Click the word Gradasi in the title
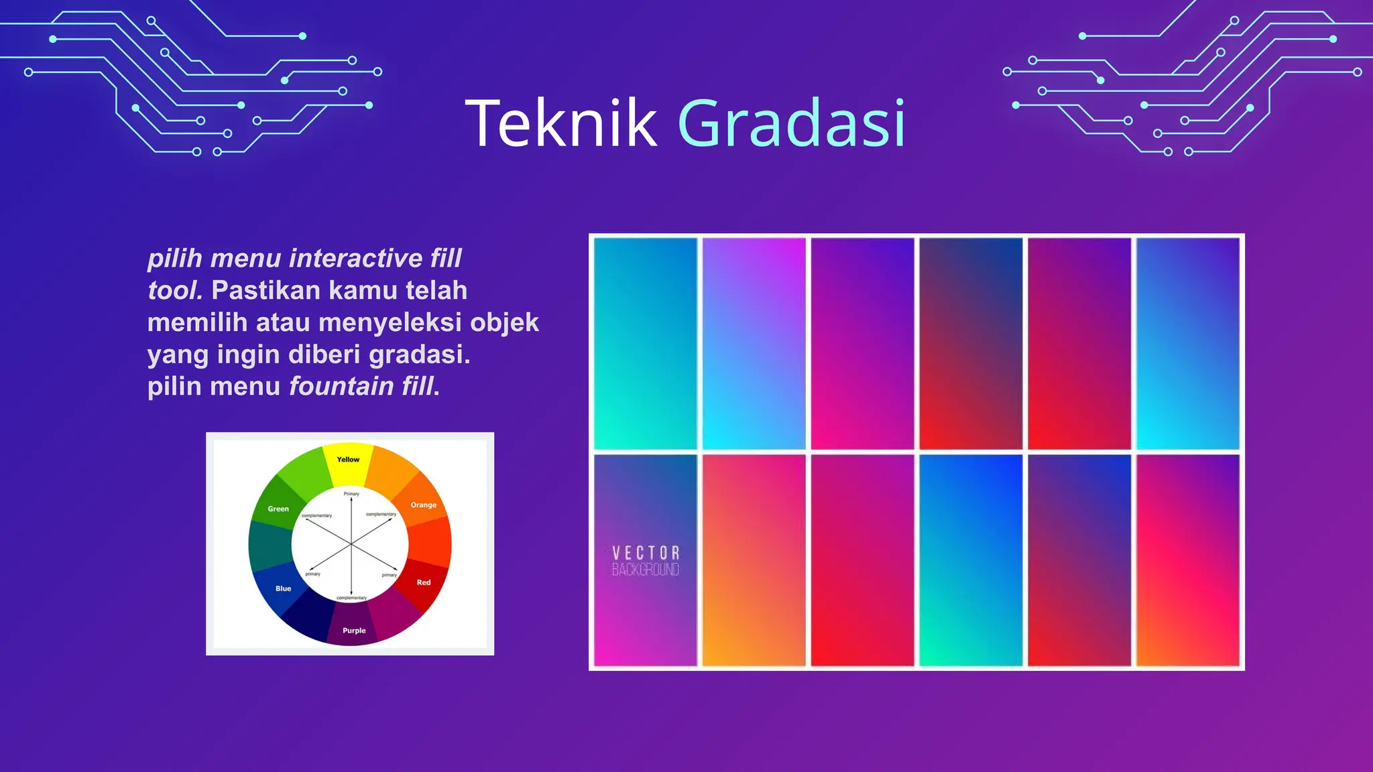pyautogui.click(x=792, y=124)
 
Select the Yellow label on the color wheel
pyautogui.click(x=348, y=460)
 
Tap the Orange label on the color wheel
pyautogui.click(x=423, y=505)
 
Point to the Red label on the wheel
pyautogui.click(x=424, y=582)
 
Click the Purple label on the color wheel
pyautogui.click(x=354, y=631)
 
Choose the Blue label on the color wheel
pyautogui.click(x=283, y=588)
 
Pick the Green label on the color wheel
pyautogui.click(x=278, y=509)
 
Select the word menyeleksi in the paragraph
pyautogui.click(x=390, y=323)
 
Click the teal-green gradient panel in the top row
pyautogui.click(x=646, y=343)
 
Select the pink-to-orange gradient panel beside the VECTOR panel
pyautogui.click(x=754, y=560)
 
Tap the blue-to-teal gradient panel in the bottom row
pyautogui.click(x=970, y=560)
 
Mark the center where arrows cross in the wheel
pyautogui.click(x=351, y=544)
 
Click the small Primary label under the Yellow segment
pyautogui.click(x=351, y=494)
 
